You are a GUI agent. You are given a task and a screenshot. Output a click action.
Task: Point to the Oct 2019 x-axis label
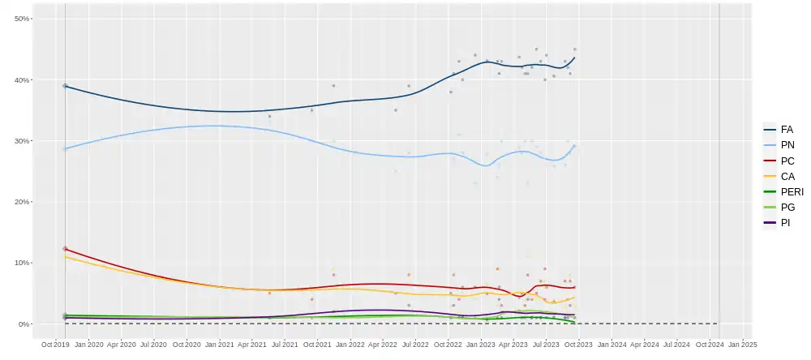(x=56, y=345)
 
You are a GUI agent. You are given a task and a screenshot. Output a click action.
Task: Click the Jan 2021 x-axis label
(x=220, y=345)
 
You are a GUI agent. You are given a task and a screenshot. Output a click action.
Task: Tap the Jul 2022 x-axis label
(x=416, y=345)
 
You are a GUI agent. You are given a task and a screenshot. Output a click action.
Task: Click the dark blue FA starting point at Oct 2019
(x=66, y=86)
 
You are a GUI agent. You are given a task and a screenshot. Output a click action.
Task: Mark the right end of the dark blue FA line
(x=575, y=57)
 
